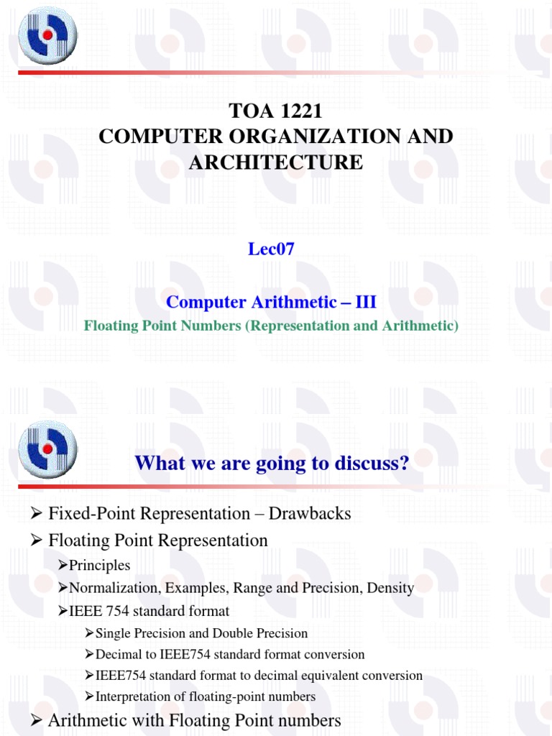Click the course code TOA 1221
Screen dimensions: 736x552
click(x=276, y=111)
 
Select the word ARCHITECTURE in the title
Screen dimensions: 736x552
click(x=276, y=162)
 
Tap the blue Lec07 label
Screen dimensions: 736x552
click(x=270, y=249)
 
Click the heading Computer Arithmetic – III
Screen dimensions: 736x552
click(x=271, y=302)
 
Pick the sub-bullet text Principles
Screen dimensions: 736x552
click(x=100, y=566)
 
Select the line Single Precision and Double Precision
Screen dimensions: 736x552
click(x=201, y=633)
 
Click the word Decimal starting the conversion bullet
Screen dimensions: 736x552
click(x=119, y=655)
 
